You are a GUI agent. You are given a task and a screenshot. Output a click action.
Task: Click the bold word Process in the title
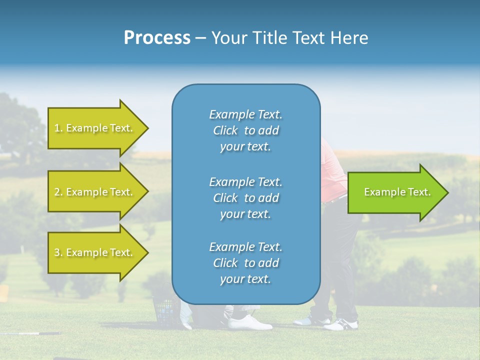tap(157, 38)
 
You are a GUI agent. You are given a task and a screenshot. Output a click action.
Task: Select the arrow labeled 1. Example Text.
tap(95, 128)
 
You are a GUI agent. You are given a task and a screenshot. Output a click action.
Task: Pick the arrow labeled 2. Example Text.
tap(95, 192)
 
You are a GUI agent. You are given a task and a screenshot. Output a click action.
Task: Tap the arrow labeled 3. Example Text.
tap(95, 252)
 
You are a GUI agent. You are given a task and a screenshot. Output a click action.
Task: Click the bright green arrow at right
tap(395, 192)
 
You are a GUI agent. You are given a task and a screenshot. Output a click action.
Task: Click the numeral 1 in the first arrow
tap(57, 128)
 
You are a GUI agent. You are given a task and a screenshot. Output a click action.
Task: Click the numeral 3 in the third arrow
tap(57, 252)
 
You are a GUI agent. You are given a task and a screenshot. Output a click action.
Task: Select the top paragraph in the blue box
tap(245, 130)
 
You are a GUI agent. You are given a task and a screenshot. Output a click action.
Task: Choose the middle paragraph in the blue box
tap(245, 198)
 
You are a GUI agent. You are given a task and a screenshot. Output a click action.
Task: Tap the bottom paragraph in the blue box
tap(245, 263)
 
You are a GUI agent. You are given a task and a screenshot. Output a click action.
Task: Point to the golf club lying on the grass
tap(30, 333)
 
